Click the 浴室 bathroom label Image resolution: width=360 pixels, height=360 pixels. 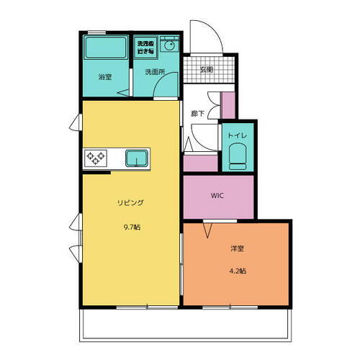click(x=104, y=76)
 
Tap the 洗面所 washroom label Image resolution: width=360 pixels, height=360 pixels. click(x=155, y=72)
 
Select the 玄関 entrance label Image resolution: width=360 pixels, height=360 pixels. click(x=206, y=70)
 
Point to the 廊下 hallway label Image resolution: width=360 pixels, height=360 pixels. click(x=197, y=114)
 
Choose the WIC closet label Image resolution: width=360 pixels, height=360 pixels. click(x=218, y=195)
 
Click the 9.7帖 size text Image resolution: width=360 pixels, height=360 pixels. click(x=131, y=227)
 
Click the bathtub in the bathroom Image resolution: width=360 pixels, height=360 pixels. click(x=105, y=49)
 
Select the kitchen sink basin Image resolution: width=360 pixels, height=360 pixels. click(x=137, y=158)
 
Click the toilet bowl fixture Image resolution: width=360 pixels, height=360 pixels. click(x=238, y=156)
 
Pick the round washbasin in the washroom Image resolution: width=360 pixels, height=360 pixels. click(x=169, y=46)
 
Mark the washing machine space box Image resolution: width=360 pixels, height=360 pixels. click(x=145, y=46)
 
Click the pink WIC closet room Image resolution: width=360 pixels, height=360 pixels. click(x=218, y=205)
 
